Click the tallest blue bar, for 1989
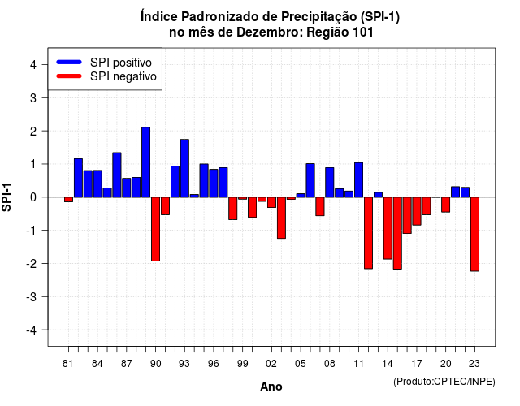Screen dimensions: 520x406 point(146,162)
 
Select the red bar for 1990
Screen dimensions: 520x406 point(155,229)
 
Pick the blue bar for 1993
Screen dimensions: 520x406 point(184,168)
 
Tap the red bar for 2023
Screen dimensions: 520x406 point(474,234)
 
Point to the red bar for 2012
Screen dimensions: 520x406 point(368,233)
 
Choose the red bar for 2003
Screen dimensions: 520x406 point(281,218)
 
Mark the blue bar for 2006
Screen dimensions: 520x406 point(310,180)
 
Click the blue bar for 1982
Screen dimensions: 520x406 point(78,178)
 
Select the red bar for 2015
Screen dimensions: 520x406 point(397,233)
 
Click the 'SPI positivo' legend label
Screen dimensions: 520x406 point(121,63)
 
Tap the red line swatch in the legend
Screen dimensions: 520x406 point(69,76)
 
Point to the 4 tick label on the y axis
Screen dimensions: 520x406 point(33,65)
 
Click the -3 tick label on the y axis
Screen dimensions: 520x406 point(32,297)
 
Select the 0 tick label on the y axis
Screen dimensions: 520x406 point(33,197)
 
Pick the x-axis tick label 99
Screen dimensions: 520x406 point(242,364)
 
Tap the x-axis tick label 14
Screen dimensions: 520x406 point(387,364)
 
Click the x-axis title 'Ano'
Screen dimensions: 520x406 point(271,387)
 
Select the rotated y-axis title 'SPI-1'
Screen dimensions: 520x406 point(6,197)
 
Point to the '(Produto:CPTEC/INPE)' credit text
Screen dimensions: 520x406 point(444,382)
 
